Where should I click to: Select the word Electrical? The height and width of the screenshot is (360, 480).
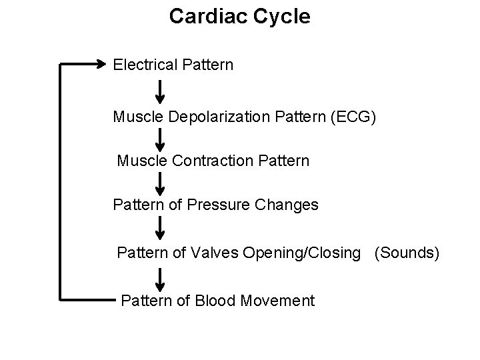144,65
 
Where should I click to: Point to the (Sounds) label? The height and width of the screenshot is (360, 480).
407,253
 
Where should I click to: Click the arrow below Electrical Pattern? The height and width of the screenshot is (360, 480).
160,91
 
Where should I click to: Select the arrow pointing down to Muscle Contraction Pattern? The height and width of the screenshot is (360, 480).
160,139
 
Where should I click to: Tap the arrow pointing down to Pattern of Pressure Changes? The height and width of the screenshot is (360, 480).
160,183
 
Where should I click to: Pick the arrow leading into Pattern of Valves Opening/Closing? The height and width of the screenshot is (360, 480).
160,228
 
